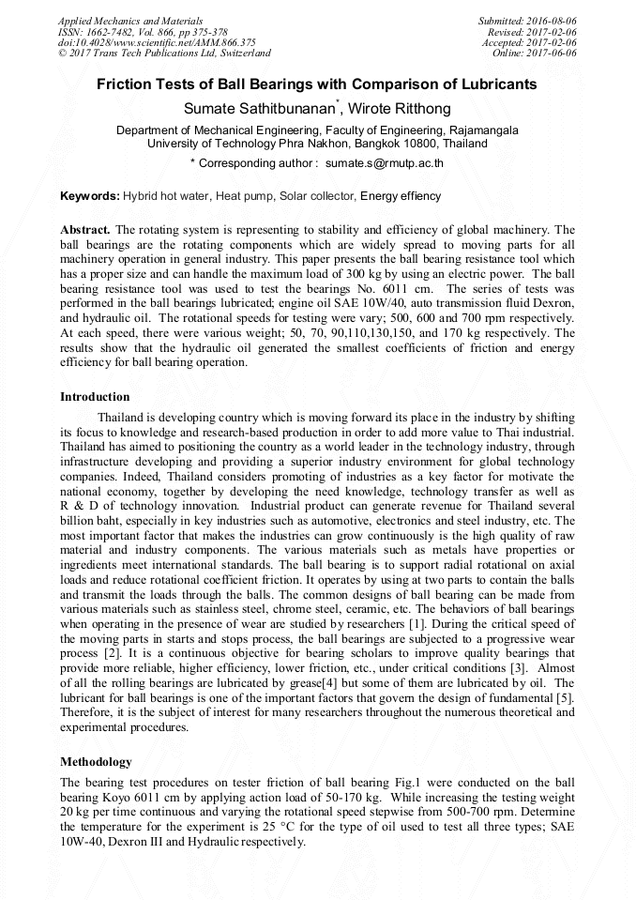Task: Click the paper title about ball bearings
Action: pyautogui.click(x=317, y=84)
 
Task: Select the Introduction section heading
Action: pyautogui.click(x=95, y=397)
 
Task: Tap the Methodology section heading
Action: pyautogui.click(x=96, y=762)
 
